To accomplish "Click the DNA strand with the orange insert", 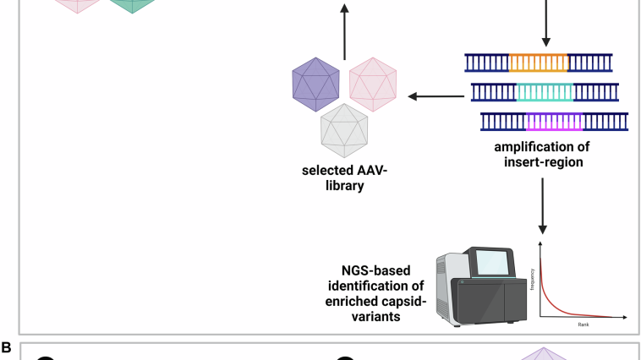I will (x=539, y=63).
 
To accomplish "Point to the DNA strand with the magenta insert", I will (x=554, y=122).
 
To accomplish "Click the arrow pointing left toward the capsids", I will (x=431, y=96).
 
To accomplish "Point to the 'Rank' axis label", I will (x=583, y=324).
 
